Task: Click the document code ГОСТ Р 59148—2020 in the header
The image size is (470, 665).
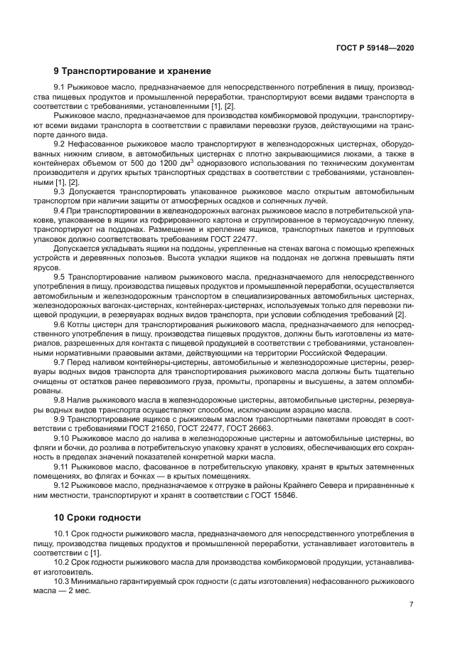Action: pos(375,48)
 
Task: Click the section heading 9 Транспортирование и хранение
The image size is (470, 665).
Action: pos(132,71)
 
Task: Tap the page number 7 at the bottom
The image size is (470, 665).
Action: pos(412,605)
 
